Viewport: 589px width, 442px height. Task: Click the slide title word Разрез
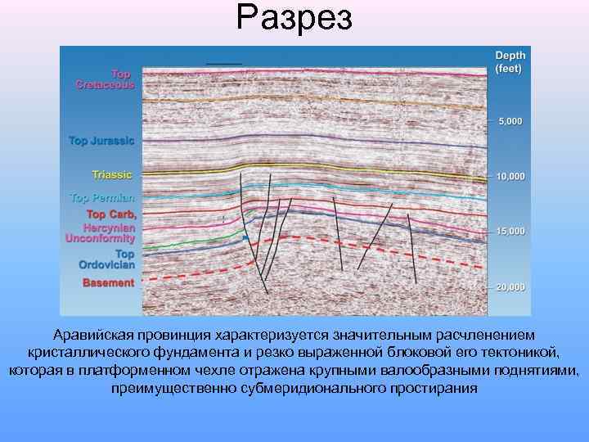pyautogui.click(x=294, y=17)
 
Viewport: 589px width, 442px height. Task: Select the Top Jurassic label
pyautogui.click(x=101, y=141)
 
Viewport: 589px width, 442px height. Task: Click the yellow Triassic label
pyautogui.click(x=112, y=175)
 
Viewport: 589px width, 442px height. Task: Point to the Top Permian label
pyautogui.click(x=102, y=198)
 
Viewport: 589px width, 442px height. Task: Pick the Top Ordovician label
pyautogui.click(x=107, y=259)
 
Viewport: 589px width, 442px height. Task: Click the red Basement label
pyautogui.click(x=108, y=283)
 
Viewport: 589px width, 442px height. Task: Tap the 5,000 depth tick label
pyautogui.click(x=510, y=122)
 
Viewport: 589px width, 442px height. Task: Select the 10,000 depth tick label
pyautogui.click(x=510, y=177)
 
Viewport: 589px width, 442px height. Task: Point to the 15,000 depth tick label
pyautogui.click(x=510, y=232)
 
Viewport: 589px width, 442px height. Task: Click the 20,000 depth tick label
pyautogui.click(x=510, y=287)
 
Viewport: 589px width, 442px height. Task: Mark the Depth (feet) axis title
pyautogui.click(x=510, y=61)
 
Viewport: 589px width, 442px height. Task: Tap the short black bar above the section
pyautogui.click(x=224, y=63)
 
